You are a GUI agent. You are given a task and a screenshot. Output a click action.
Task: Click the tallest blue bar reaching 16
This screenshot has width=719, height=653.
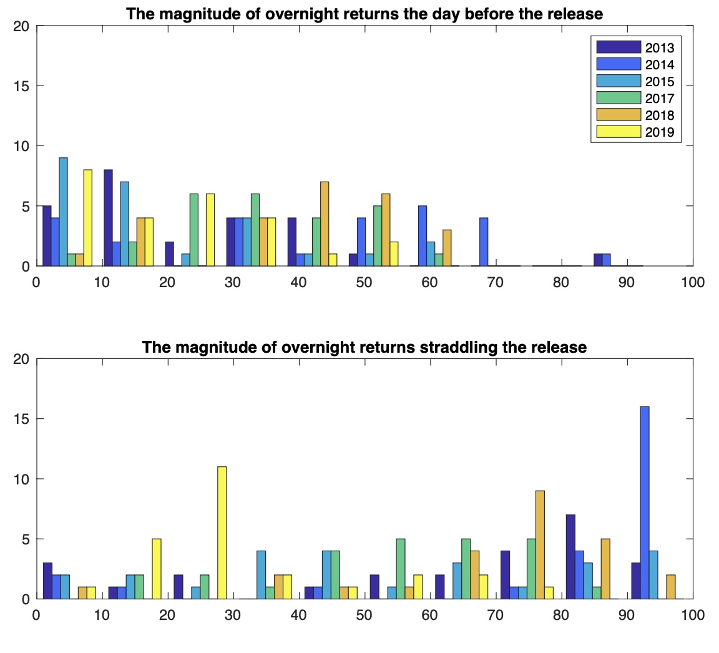tap(645, 503)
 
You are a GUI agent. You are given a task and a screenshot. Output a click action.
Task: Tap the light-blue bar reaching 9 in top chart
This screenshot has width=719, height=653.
tap(63, 212)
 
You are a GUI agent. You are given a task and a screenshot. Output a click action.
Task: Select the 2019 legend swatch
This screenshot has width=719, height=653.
tap(619, 132)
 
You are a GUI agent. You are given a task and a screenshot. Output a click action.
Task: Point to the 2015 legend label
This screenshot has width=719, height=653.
tap(660, 81)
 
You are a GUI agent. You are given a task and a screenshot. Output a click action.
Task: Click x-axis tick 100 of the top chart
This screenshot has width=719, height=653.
tap(692, 283)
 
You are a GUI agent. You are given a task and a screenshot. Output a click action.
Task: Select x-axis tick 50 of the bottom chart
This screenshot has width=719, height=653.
tap(364, 616)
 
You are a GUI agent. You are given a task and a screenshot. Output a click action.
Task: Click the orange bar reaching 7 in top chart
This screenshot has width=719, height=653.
tap(325, 223)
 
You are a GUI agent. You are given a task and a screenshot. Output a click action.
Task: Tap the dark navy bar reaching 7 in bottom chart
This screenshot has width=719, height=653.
tap(570, 556)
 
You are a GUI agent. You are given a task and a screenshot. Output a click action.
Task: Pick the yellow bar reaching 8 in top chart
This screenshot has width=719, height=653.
tap(88, 218)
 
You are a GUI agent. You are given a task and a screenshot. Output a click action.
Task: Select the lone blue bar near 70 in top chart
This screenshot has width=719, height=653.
tap(484, 242)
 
